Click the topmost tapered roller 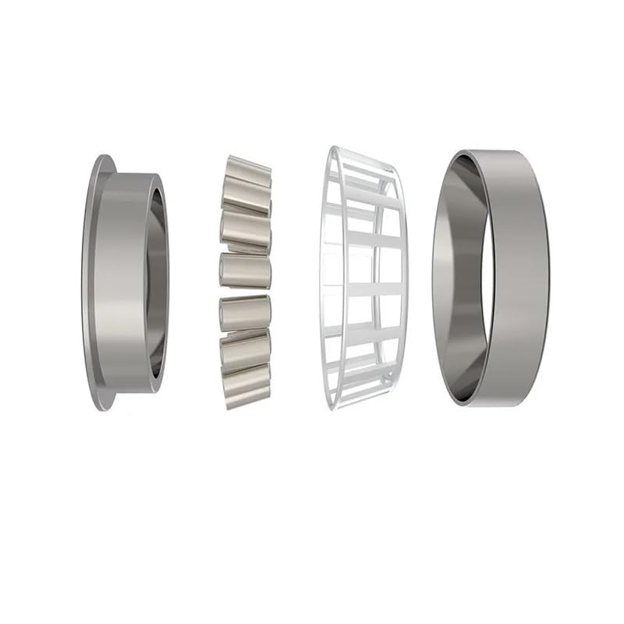pyautogui.click(x=249, y=170)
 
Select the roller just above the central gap pyautogui.click(x=245, y=270)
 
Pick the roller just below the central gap pyautogui.click(x=245, y=310)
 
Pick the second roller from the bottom pyautogui.click(x=246, y=351)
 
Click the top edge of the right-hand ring pyautogui.click(x=499, y=153)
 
